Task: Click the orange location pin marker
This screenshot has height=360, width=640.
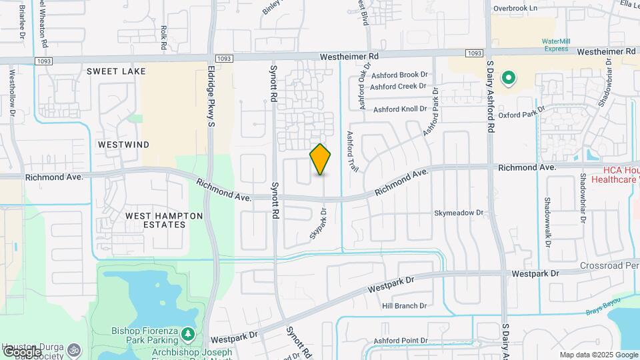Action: click(x=321, y=159)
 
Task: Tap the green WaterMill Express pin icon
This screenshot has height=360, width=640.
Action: click(x=509, y=79)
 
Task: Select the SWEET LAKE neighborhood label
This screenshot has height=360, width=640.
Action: click(x=116, y=71)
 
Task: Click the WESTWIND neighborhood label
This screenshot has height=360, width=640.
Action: click(x=123, y=144)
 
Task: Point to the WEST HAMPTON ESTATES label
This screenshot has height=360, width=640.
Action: click(x=155, y=220)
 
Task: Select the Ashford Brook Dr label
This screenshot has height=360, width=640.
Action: click(x=399, y=75)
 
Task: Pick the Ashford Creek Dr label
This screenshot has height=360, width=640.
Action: click(x=398, y=86)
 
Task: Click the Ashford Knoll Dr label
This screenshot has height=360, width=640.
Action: click(x=399, y=109)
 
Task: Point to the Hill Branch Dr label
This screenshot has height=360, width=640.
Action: click(x=404, y=306)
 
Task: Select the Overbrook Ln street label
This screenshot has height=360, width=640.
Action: click(x=515, y=8)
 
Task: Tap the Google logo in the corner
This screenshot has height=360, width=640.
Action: click(x=21, y=351)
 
